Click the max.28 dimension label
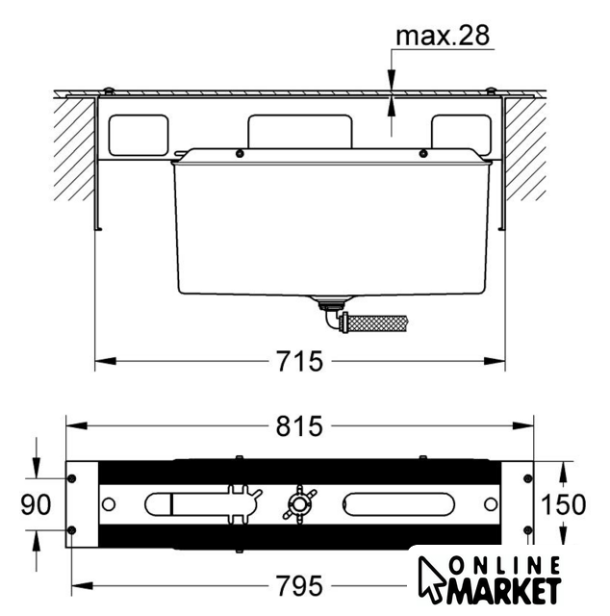click(x=443, y=36)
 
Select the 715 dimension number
click(x=299, y=361)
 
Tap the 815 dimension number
click(x=299, y=426)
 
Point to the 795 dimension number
click(x=299, y=586)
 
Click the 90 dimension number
click(x=36, y=504)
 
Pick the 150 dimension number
click(x=563, y=504)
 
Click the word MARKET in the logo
click(x=504, y=590)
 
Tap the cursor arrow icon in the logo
click(x=431, y=578)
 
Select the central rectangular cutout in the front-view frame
click(x=299, y=132)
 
